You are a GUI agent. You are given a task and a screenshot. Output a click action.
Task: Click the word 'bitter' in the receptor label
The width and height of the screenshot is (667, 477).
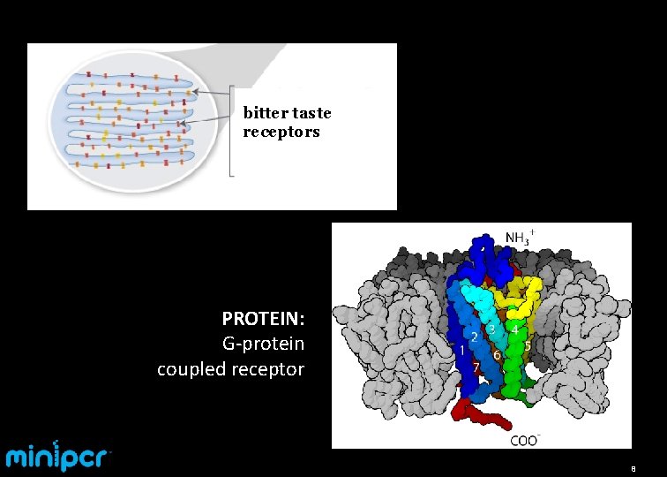(261, 113)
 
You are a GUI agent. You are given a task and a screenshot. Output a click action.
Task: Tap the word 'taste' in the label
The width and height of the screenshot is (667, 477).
(308, 113)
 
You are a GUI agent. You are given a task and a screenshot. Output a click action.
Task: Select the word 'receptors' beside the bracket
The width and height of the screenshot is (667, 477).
(281, 132)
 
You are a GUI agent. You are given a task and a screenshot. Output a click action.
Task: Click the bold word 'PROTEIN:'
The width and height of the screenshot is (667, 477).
(263, 318)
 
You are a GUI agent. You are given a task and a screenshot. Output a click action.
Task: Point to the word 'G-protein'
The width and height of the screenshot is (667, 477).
(265, 343)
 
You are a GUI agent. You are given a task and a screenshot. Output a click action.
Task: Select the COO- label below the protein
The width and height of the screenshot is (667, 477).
(524, 440)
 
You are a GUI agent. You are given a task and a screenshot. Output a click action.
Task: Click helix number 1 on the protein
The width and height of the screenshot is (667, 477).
(462, 351)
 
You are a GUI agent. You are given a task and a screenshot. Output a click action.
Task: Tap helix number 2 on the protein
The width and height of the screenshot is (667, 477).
(474, 337)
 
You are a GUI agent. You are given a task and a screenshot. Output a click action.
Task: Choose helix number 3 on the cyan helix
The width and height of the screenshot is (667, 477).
(491, 329)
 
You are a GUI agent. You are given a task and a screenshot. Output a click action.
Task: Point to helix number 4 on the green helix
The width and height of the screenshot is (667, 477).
(514, 329)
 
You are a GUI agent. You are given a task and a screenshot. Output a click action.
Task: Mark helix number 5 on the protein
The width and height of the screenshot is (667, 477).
(527, 346)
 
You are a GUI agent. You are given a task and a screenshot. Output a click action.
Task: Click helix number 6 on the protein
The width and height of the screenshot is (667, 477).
(498, 355)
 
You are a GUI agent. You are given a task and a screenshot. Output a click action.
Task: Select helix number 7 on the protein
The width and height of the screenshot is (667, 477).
(476, 367)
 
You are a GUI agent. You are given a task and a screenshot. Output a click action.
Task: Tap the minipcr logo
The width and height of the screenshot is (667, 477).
(58, 456)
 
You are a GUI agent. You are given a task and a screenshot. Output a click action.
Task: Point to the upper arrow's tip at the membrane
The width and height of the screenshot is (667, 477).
(191, 90)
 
